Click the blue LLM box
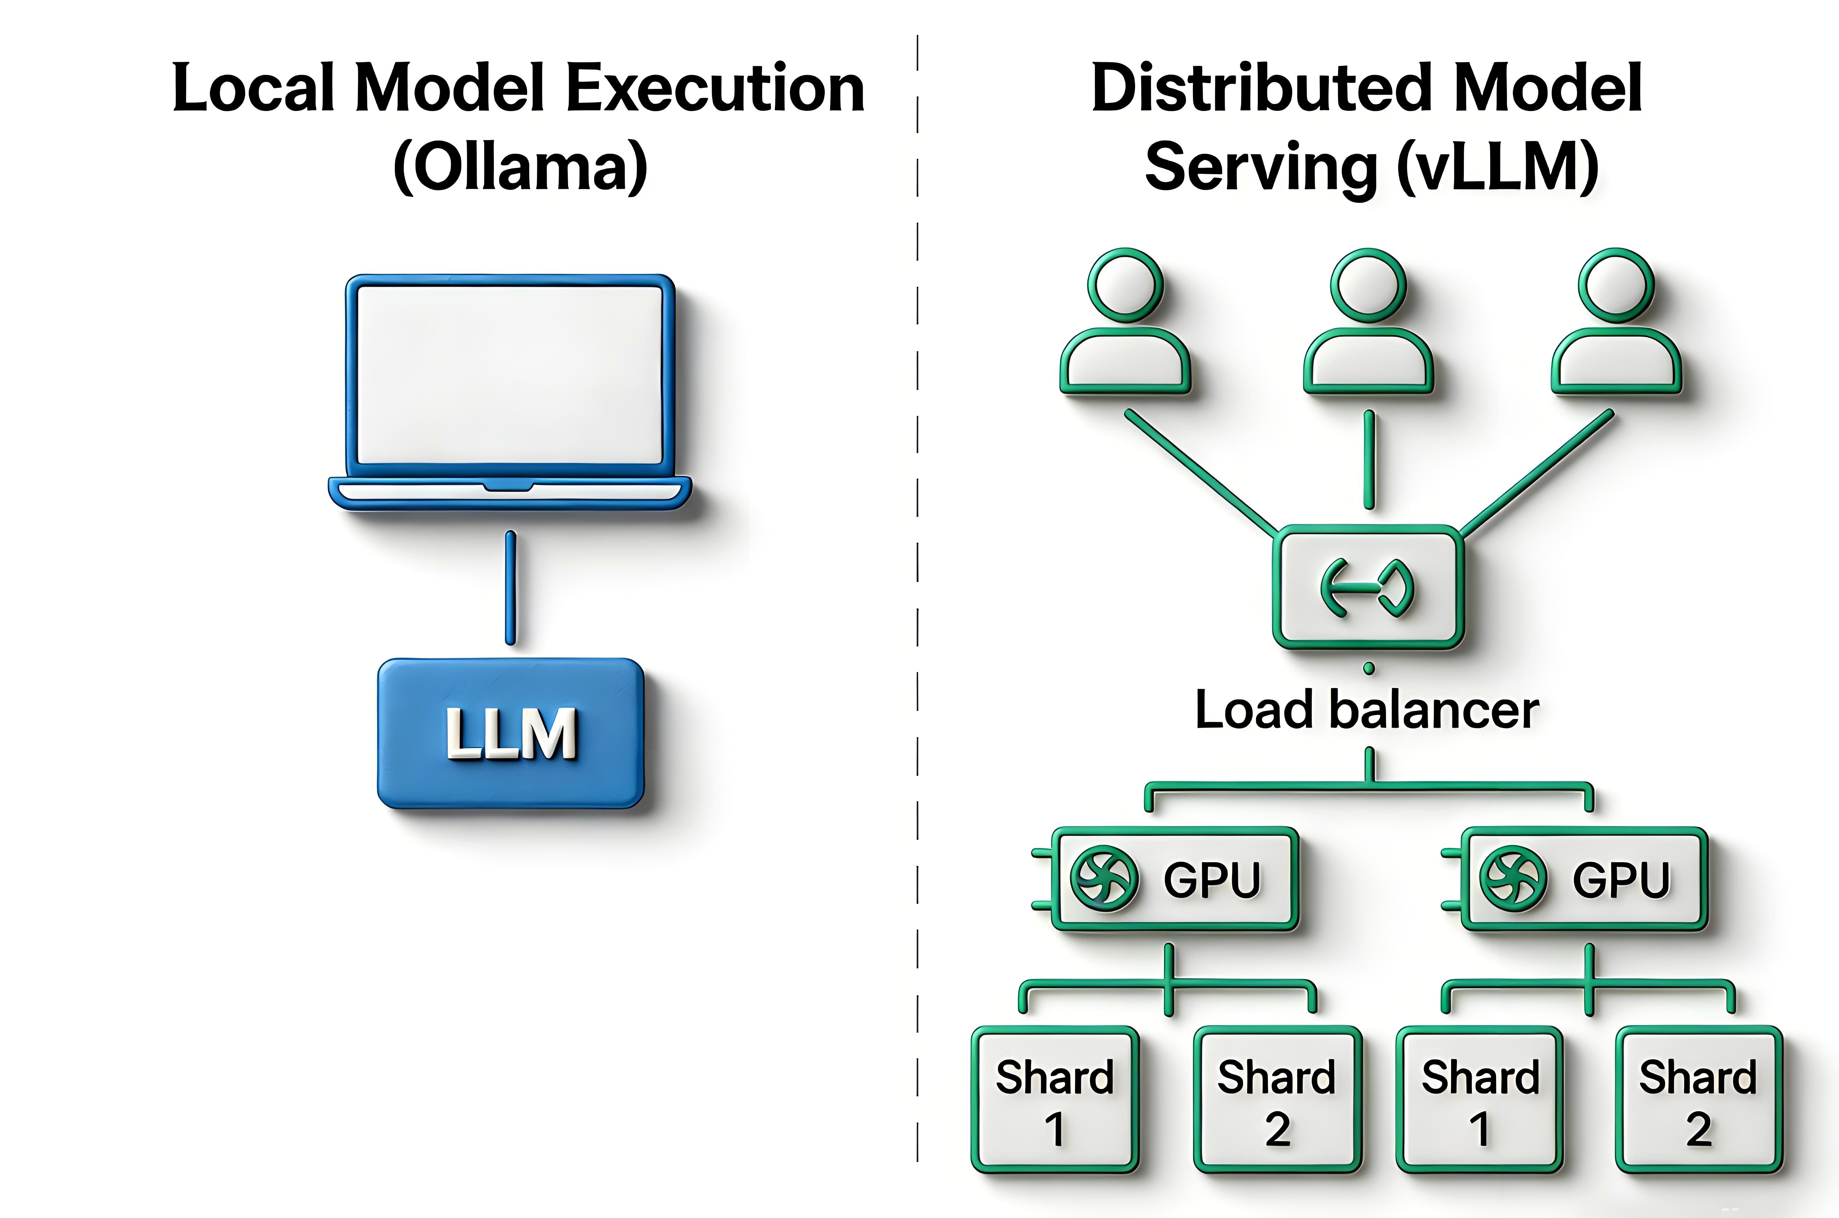pyautogui.click(x=510, y=733)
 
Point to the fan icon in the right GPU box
pyautogui.click(x=1513, y=878)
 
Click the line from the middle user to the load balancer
pyautogui.click(x=1369, y=460)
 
